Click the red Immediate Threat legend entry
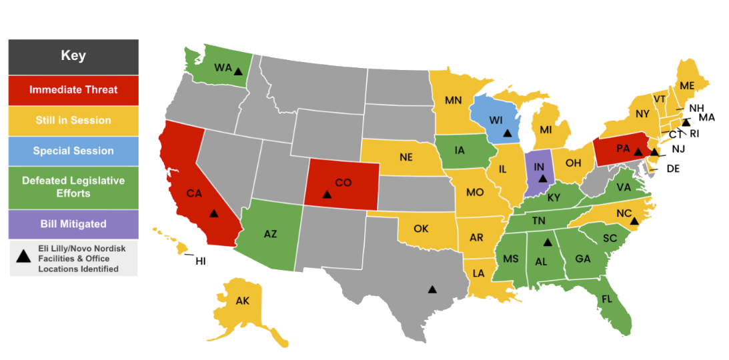(73, 90)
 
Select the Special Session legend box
(73, 151)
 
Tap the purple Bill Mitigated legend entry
(73, 223)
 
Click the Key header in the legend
(73, 56)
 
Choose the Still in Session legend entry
(73, 121)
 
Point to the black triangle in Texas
(432, 289)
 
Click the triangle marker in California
(213, 213)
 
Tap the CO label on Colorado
(343, 182)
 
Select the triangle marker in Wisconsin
(508, 133)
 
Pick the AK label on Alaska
(243, 301)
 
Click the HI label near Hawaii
(200, 261)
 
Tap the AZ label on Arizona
(270, 234)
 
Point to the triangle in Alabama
(547, 243)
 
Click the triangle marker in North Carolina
(634, 221)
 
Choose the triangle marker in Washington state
(238, 71)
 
